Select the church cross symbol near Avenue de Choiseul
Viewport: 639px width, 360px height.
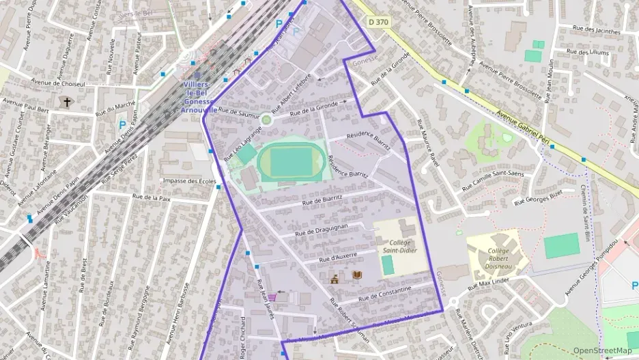point(67,102)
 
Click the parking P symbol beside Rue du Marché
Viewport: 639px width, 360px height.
point(122,125)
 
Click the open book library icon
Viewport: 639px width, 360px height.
point(357,275)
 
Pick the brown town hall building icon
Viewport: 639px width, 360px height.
point(335,278)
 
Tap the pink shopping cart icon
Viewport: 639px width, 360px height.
point(272,297)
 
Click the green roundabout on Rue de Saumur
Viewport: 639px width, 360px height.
point(266,120)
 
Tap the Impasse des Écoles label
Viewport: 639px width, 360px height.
point(189,181)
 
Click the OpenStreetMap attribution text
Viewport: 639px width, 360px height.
point(602,350)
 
